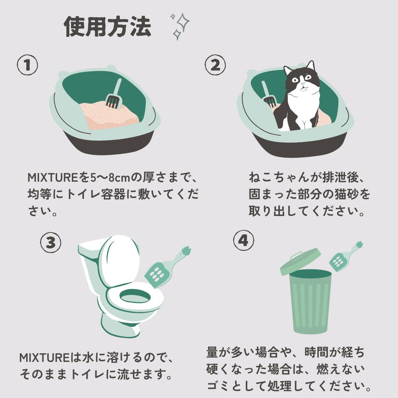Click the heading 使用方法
click(107, 27)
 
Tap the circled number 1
click(27, 65)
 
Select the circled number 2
click(215, 65)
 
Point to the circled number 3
click(51, 242)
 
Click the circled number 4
click(244, 240)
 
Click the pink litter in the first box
click(109, 115)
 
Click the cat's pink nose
click(302, 83)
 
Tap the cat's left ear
click(287, 70)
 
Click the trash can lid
click(300, 262)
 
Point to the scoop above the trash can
click(346, 256)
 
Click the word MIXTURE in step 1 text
click(53, 177)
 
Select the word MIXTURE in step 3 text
click(45, 358)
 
